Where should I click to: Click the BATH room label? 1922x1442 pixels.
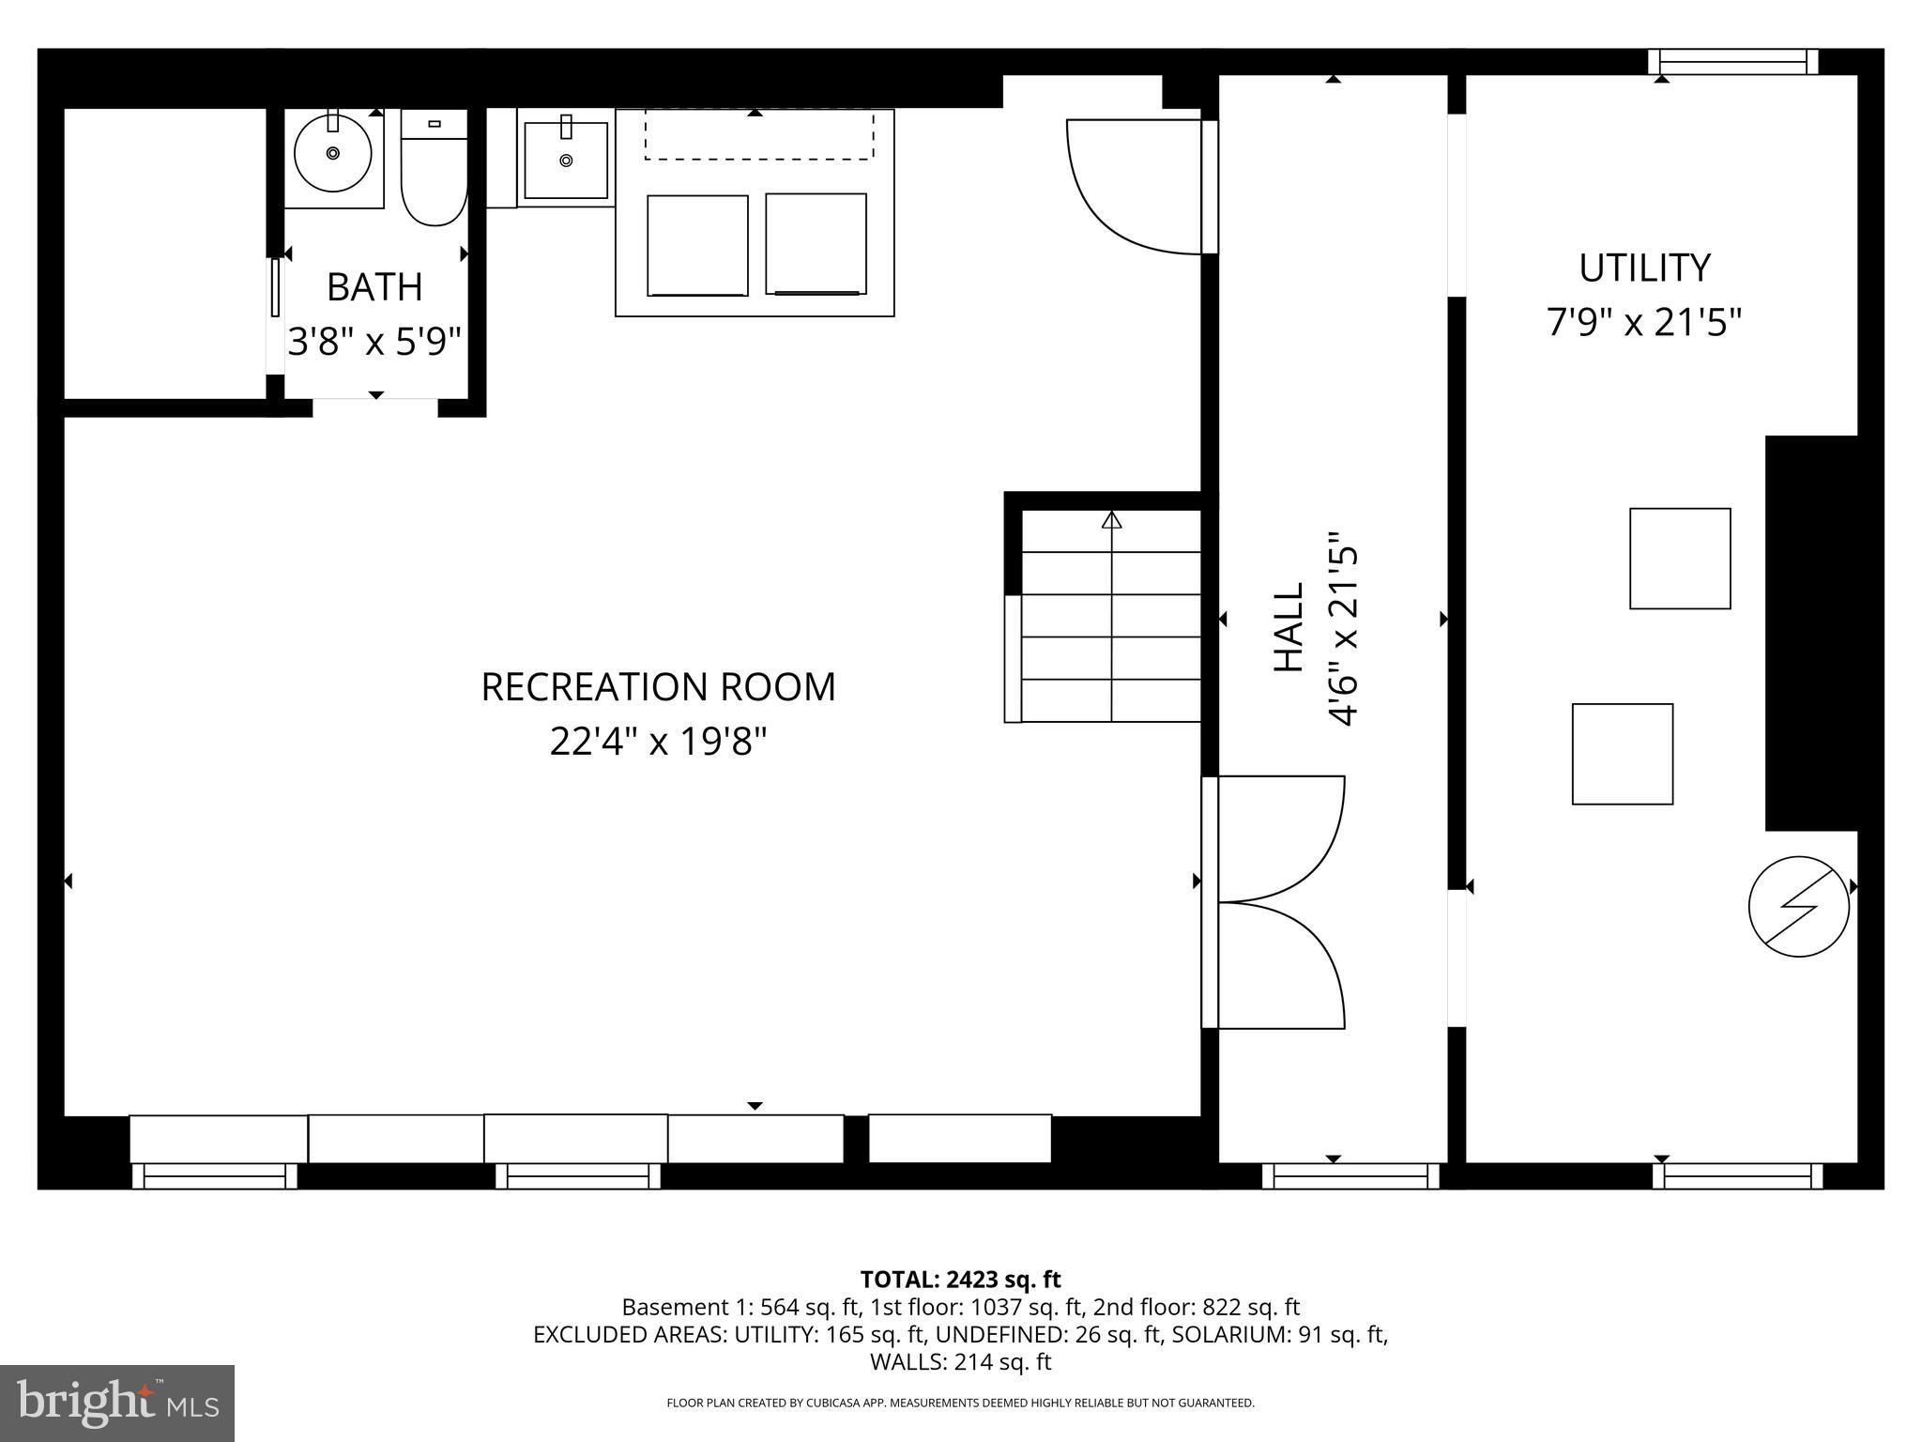(x=374, y=287)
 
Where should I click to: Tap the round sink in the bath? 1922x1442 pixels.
(x=332, y=153)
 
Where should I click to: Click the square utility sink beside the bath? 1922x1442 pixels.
(x=565, y=160)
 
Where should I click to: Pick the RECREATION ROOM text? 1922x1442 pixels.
(x=658, y=687)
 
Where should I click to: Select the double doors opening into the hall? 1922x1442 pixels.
(x=1281, y=902)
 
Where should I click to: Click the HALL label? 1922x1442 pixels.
(x=1289, y=627)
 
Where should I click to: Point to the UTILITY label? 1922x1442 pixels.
(x=1644, y=268)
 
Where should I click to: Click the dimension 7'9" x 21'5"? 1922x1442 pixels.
(x=1644, y=323)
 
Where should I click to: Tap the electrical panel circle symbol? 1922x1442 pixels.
(x=1798, y=907)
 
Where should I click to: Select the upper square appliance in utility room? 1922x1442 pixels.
(x=1680, y=559)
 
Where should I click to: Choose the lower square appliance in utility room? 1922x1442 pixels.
(x=1622, y=754)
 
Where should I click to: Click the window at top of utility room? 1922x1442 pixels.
(x=1732, y=62)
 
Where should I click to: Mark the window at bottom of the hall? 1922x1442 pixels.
(x=1350, y=1176)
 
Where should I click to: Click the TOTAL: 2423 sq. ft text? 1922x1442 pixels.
(x=960, y=1280)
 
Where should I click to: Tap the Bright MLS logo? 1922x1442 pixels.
(x=117, y=1403)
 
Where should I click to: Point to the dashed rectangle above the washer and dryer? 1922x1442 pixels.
(x=758, y=135)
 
